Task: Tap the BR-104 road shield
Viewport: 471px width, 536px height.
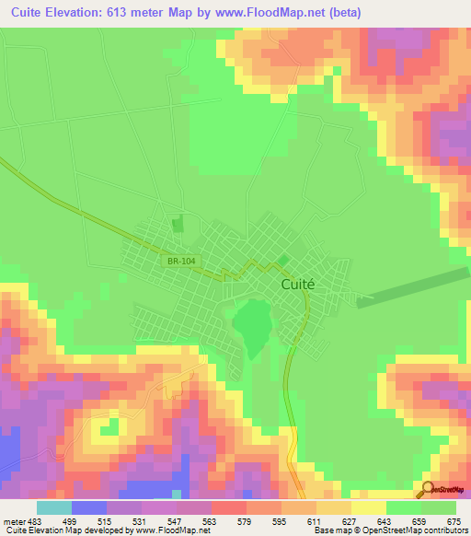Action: tap(182, 262)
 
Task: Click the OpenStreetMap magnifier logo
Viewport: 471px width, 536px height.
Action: tap(428, 490)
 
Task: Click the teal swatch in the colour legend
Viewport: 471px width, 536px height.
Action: tap(54, 508)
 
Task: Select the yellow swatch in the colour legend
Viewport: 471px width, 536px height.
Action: tap(368, 508)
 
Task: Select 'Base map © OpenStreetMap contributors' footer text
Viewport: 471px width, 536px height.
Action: tap(386, 530)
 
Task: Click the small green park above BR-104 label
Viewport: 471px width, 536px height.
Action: tap(178, 224)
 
